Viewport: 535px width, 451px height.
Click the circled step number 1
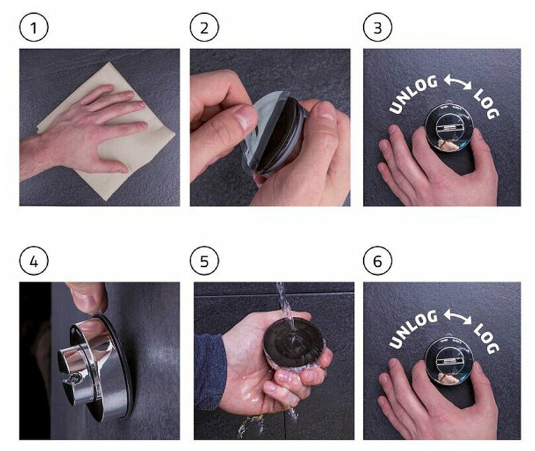pos(34,27)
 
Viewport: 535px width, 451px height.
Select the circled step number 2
pos(204,27)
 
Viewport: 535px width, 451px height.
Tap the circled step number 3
pos(378,27)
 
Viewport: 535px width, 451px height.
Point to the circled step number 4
pos(34,261)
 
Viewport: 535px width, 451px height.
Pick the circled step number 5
pos(204,261)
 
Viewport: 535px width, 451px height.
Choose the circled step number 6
pos(378,261)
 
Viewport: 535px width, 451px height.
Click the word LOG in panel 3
pos(486,104)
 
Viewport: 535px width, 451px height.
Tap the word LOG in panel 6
pos(486,338)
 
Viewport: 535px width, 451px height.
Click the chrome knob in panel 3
pos(449,127)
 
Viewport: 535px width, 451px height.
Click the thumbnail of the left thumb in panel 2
pos(244,117)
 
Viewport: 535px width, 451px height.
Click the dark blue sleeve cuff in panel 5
pos(209,371)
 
